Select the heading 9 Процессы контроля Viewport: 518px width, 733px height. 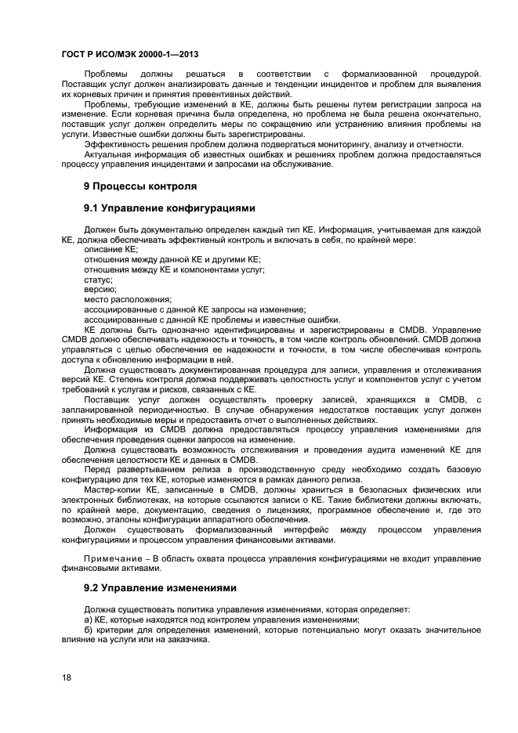pyautogui.click(x=140, y=186)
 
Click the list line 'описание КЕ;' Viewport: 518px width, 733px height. pyautogui.click(x=110, y=249)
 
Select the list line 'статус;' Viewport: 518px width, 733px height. pyautogui.click(x=98, y=279)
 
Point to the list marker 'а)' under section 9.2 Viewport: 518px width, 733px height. pyautogui.click(x=89, y=619)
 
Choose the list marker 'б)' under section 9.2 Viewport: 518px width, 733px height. pyautogui.click(x=89, y=629)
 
